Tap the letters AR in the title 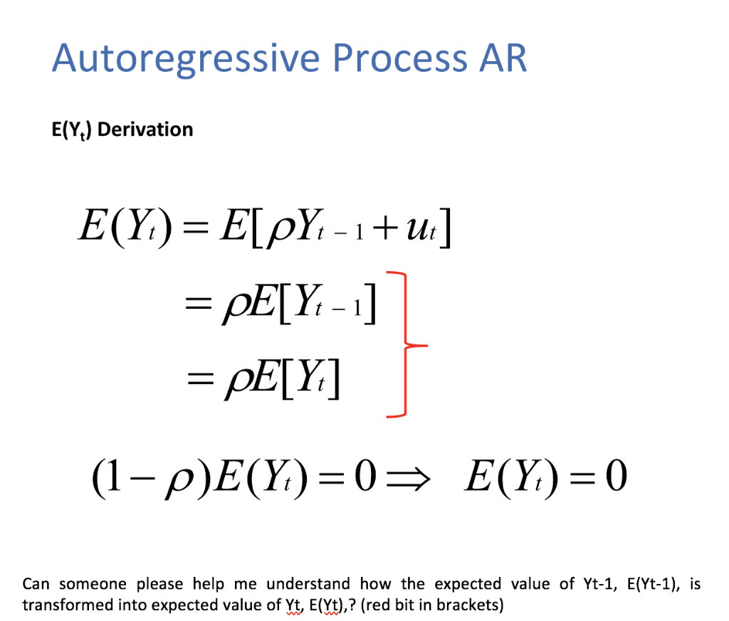502,59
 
